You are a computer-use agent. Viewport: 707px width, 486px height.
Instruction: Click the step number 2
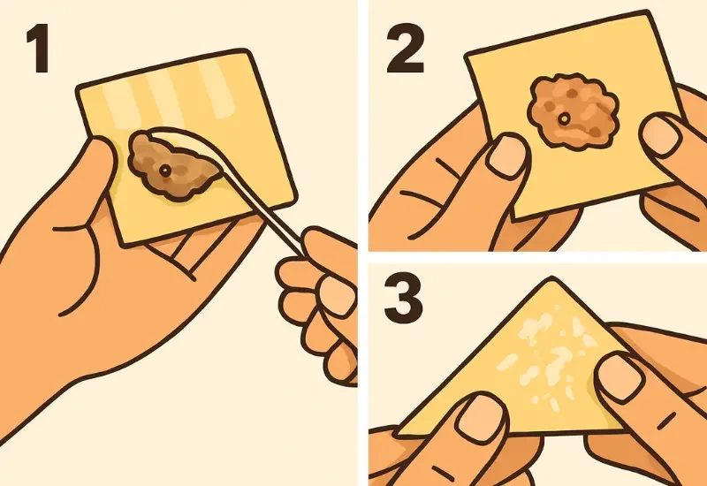coord(406,49)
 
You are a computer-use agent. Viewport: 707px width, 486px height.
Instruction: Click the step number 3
coord(404,297)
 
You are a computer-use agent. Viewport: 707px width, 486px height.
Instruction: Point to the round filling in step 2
coord(572,112)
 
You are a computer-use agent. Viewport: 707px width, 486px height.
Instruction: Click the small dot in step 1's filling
coord(165,171)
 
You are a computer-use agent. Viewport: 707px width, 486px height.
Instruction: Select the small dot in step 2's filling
coord(564,119)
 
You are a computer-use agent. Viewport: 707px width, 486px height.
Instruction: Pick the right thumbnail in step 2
coord(661,134)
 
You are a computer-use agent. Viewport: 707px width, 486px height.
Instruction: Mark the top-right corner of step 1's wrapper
coord(247,52)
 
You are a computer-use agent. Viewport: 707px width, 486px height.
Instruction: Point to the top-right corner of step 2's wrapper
coord(647,13)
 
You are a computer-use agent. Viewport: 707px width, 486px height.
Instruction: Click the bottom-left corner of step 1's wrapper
coord(124,244)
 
